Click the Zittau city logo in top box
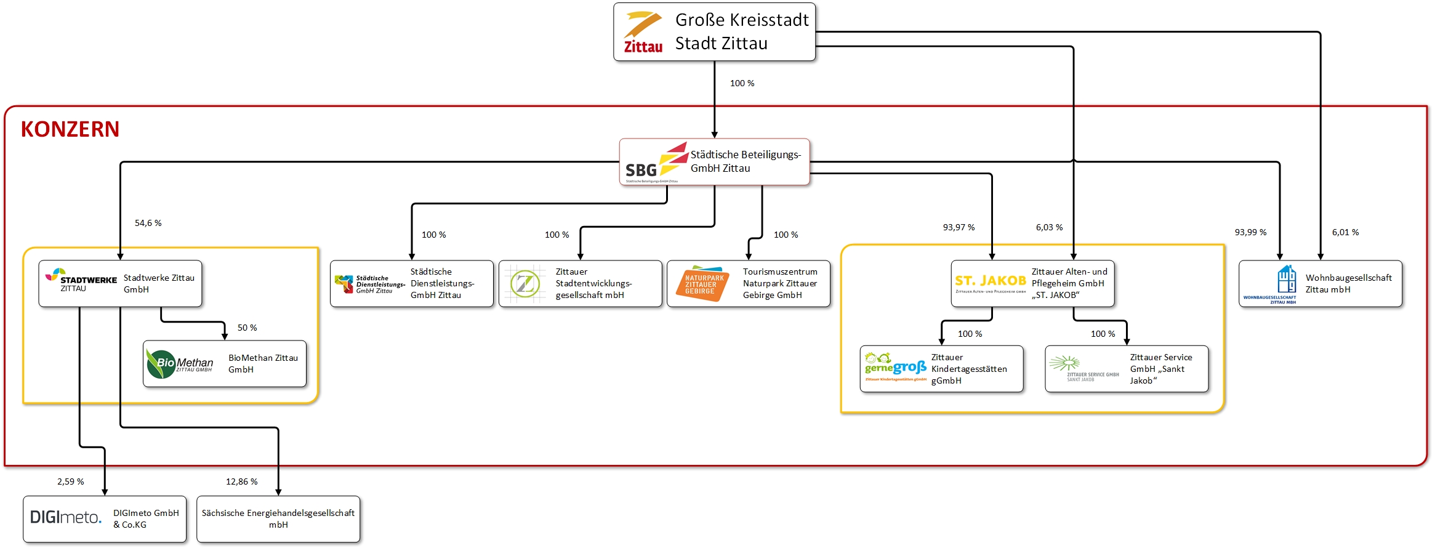pos(643,33)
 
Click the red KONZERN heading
pos(70,129)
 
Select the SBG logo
pos(653,163)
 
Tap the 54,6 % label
pos(148,223)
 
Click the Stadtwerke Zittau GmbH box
pos(120,284)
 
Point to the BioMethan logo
pos(180,363)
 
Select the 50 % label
pos(247,328)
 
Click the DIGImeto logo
pos(66,517)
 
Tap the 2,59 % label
pos(71,482)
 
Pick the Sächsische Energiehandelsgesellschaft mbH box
pos(278,519)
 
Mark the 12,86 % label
pos(241,482)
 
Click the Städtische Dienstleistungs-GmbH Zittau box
pos(411,284)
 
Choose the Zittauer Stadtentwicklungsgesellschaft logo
pos(525,284)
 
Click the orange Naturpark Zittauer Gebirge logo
pos(702,284)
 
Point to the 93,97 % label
pos(959,227)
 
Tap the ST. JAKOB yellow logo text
pos(991,281)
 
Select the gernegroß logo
pos(895,367)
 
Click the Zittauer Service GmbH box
pos(1127,369)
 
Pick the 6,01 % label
pos(1345,232)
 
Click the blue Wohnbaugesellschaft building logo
pos(1287,280)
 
